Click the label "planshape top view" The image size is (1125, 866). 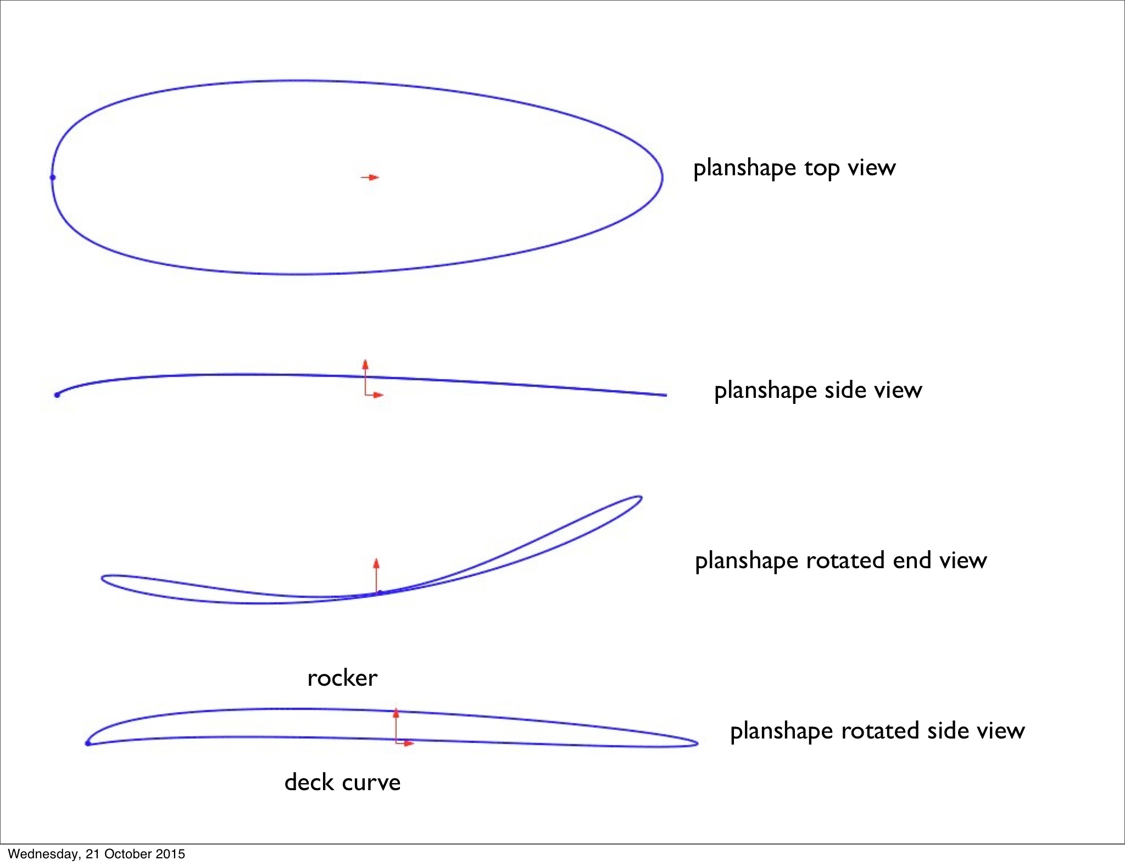click(794, 168)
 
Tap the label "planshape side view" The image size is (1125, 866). click(817, 390)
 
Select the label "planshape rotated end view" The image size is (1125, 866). click(840, 560)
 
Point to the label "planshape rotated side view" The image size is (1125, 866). click(877, 731)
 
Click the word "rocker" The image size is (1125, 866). click(342, 678)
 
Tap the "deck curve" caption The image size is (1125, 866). click(342, 782)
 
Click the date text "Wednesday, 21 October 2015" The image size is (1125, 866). click(96, 854)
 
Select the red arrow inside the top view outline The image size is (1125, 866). click(370, 177)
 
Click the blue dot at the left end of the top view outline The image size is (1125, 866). click(53, 177)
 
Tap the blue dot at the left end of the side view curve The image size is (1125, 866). click(57, 395)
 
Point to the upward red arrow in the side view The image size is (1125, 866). click(365, 369)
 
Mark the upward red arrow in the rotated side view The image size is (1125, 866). click(396, 717)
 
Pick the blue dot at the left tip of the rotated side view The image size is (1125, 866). click(88, 743)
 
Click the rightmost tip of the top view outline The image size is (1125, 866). click(662, 177)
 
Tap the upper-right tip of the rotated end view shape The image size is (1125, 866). click(641, 498)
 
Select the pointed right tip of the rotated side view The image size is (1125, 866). click(697, 743)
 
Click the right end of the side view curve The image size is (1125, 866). click(666, 395)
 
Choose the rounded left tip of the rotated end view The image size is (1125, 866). click(103, 579)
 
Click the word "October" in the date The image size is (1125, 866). click(127, 854)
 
